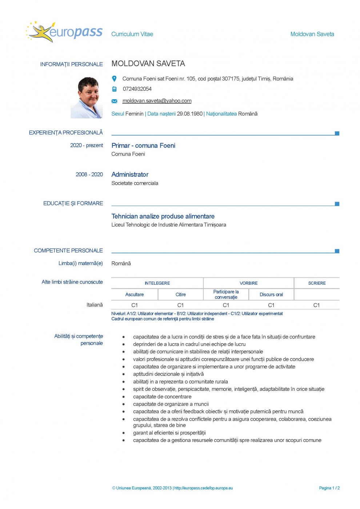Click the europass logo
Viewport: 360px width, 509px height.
pos(65,32)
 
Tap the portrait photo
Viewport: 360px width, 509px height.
pos(87,97)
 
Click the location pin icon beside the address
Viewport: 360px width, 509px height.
pos(114,79)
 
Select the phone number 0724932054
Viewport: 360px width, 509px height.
pos(137,89)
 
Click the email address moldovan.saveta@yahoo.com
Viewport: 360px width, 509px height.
pos(157,101)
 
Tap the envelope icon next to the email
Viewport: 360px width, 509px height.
pos(114,101)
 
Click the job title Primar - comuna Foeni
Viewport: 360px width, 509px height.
pos(143,145)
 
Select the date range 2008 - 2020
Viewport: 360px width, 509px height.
pos(89,175)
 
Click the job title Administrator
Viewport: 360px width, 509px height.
pos(130,175)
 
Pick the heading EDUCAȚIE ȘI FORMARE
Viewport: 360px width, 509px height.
pos(73,203)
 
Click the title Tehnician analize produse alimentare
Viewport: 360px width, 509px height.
pos(163,216)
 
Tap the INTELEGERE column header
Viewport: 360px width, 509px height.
pos(157,283)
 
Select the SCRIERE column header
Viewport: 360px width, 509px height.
pos(317,283)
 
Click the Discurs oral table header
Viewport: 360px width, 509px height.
pos(271,294)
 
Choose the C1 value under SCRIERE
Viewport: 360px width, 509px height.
pos(316,305)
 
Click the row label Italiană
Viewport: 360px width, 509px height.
pos(95,305)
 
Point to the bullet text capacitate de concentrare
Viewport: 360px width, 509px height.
pos(162,397)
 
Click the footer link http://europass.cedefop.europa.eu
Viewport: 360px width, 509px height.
pos(203,488)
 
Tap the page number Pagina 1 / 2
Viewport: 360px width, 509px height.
pos(329,488)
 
